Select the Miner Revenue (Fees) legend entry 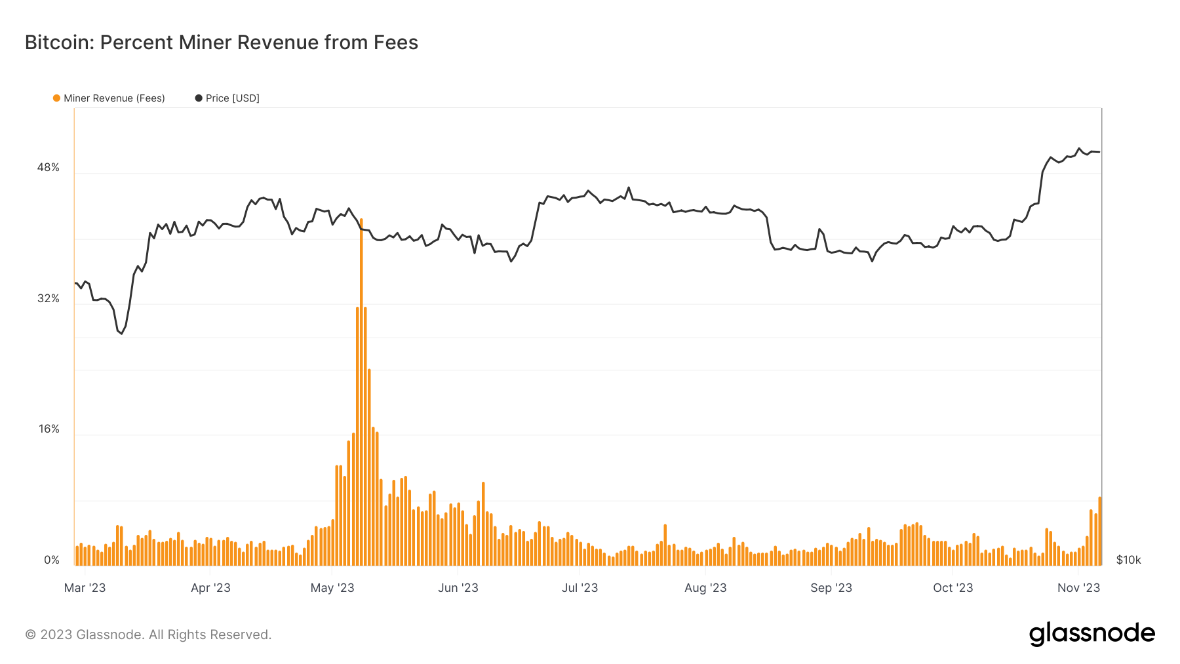[113, 98]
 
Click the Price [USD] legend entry [232, 98]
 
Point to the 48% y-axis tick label [48, 168]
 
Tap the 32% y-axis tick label [48, 299]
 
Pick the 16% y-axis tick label [49, 429]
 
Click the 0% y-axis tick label [52, 560]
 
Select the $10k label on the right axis [1128, 560]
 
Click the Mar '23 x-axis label [85, 588]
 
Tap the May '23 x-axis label [332, 588]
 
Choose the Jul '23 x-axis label [580, 588]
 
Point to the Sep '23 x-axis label [831, 588]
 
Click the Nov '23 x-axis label [1078, 588]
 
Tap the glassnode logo [1091, 634]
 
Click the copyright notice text [148, 635]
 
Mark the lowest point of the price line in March [121, 334]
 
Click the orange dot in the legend [56, 98]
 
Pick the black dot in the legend [199, 98]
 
